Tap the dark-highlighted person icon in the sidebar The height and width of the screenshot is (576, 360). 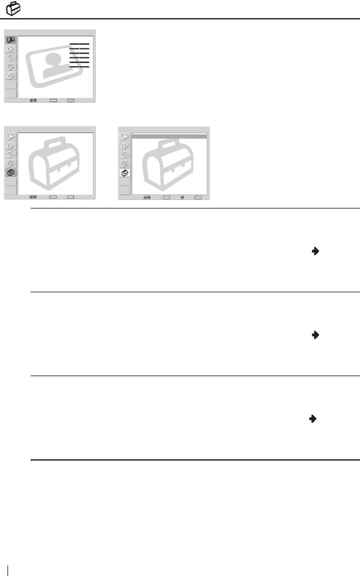(11, 40)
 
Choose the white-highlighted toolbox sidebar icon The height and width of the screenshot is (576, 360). (125, 173)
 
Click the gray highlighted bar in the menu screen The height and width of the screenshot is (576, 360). (169, 138)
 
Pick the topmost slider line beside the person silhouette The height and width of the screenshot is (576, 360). (80, 44)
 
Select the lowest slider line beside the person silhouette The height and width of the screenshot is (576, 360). (80, 67)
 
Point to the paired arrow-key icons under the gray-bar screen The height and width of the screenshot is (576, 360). (147, 197)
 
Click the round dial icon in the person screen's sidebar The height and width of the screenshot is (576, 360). (11, 49)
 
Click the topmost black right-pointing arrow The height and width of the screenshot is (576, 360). (315, 250)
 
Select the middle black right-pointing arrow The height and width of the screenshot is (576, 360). (315, 334)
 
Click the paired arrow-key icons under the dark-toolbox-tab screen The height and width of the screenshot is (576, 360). (33, 197)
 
